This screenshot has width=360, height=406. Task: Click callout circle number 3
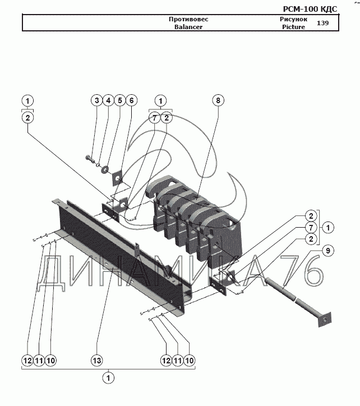point(97,100)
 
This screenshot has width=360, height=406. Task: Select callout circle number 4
point(108,100)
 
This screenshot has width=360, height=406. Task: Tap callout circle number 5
point(120,100)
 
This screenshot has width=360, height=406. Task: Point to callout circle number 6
point(132,100)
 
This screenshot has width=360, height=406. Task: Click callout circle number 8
point(218,100)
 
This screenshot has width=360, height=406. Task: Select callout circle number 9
point(328,251)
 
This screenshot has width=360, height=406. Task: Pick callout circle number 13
point(97,361)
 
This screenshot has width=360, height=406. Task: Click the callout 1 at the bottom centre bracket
point(108,378)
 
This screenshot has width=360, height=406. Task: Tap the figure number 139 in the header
point(322,23)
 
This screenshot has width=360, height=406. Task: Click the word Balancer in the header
point(188,27)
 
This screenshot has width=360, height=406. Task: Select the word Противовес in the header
point(188,19)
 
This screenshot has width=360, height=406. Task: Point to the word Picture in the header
point(293,27)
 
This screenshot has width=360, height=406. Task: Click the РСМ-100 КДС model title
point(310,9)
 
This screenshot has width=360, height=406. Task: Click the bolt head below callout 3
point(89,158)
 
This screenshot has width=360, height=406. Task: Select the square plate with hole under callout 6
point(117,178)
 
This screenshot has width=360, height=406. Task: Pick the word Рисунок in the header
point(293,19)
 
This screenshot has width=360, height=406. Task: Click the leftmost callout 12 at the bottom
point(27,361)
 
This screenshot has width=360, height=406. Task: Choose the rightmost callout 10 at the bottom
point(190,361)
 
